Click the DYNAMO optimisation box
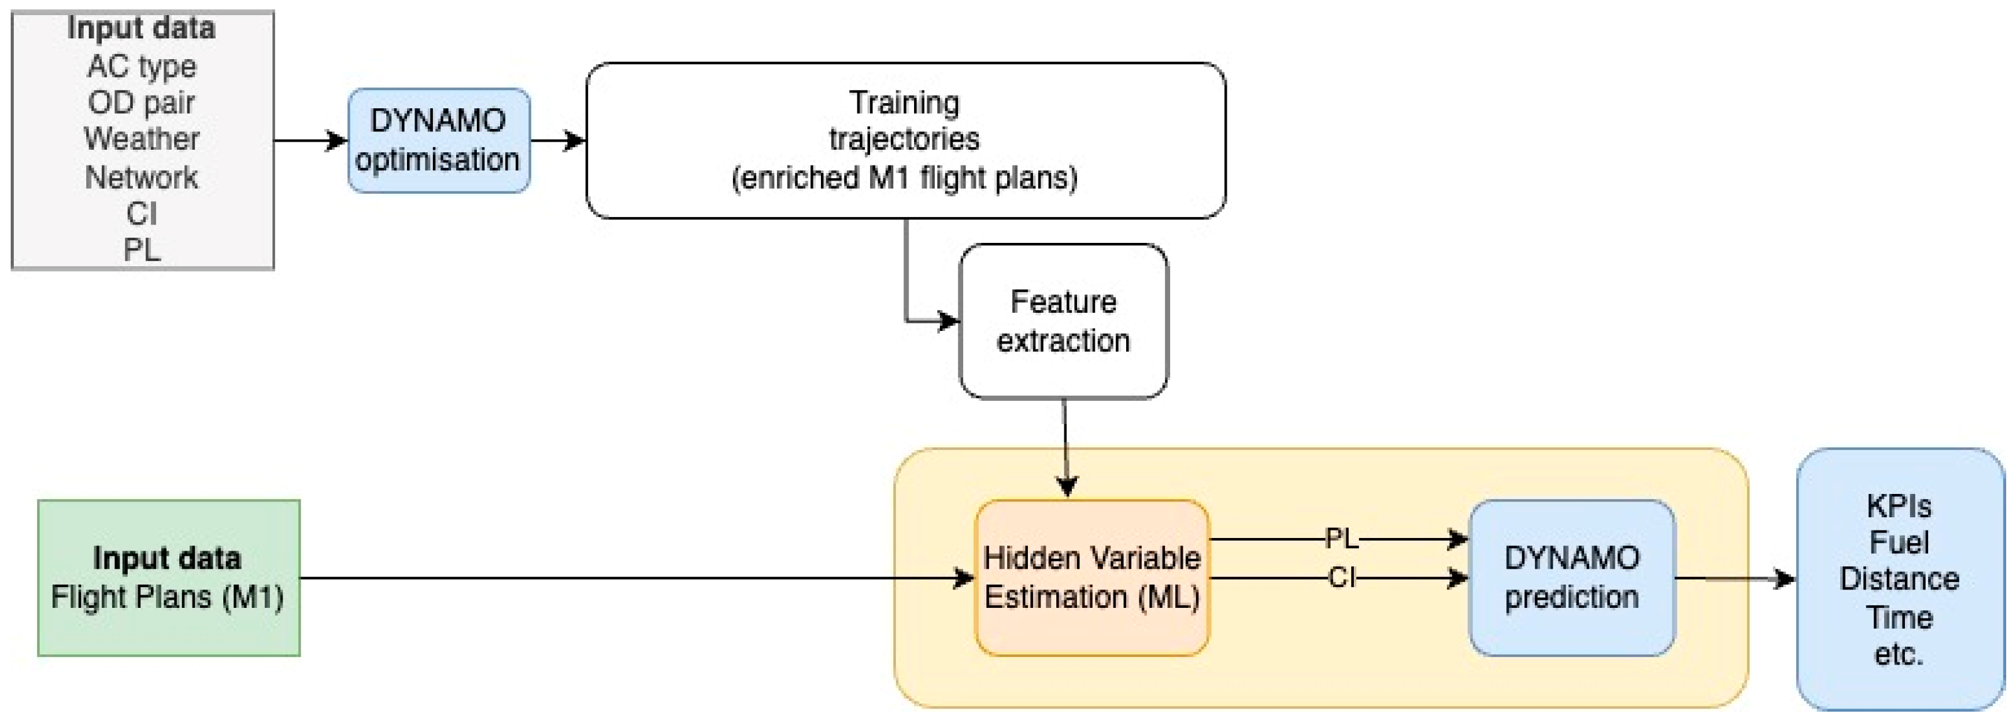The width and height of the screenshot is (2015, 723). (x=438, y=140)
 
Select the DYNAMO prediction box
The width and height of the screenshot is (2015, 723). (x=1571, y=578)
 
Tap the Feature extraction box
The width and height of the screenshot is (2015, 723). (x=1063, y=321)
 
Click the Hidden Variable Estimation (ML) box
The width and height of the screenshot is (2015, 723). (x=1091, y=578)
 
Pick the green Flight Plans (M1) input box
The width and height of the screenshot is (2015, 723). (x=168, y=578)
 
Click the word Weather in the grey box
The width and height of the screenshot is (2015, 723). (x=142, y=139)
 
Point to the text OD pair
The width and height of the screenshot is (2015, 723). (x=142, y=103)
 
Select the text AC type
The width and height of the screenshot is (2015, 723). (x=142, y=67)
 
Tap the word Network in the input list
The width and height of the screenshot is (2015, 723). (x=142, y=177)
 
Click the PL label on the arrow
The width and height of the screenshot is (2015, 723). (x=1341, y=539)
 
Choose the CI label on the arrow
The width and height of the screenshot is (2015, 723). (x=1341, y=578)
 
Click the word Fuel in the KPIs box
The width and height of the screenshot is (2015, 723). (x=1899, y=542)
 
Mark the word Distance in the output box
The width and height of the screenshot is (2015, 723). (x=1899, y=579)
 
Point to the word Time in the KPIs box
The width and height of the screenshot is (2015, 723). (x=1899, y=617)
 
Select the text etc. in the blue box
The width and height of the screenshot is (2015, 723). (x=1899, y=653)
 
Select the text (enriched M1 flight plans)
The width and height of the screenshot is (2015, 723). (x=904, y=177)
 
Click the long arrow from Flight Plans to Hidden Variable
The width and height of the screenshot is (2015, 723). (x=626, y=578)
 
